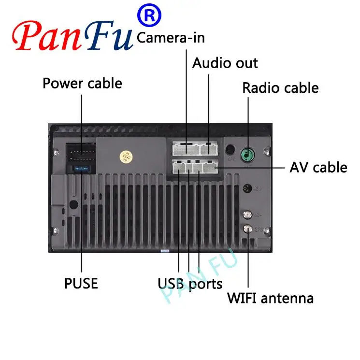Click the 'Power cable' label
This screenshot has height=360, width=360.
(x=82, y=83)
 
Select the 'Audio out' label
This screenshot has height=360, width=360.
(x=225, y=63)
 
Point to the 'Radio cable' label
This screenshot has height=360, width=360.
(x=280, y=88)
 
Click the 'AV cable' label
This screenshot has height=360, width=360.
(x=318, y=167)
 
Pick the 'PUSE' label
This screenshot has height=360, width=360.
(x=81, y=283)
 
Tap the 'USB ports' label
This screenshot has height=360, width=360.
(x=190, y=283)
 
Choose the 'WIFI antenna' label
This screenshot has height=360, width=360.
(x=270, y=298)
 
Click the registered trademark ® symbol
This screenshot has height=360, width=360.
(x=150, y=16)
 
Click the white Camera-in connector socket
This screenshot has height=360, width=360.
(x=186, y=147)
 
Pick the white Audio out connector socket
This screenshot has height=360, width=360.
(x=208, y=147)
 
